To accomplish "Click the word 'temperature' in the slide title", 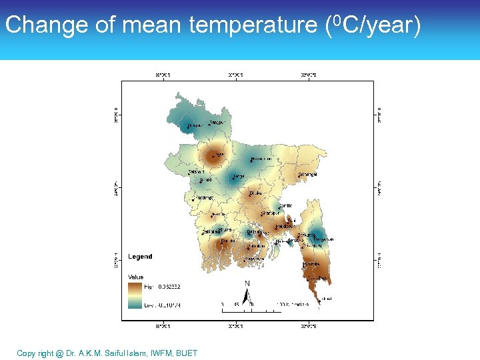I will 253,25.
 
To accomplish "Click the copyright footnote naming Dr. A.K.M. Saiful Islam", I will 107,353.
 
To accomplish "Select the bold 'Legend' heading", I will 140,257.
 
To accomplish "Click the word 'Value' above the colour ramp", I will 136,277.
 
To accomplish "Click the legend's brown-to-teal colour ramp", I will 135,295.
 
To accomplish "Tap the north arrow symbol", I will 247,294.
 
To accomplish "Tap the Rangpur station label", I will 218,123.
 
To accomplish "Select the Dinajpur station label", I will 195,125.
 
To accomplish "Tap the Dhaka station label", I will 255,193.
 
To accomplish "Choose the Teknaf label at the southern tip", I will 326,299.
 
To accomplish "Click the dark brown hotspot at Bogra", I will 214,157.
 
